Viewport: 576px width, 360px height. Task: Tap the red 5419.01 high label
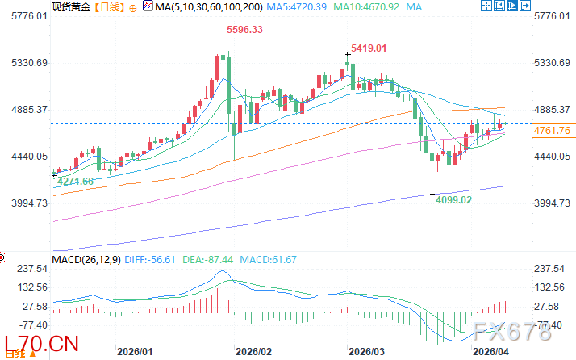[x=369, y=48]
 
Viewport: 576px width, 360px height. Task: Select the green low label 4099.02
[x=453, y=199]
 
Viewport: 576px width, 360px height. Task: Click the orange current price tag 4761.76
[x=553, y=131]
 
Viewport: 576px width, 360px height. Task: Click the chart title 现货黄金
[x=69, y=6]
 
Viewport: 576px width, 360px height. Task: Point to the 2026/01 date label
[x=135, y=353]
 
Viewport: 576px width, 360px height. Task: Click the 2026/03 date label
[x=366, y=353]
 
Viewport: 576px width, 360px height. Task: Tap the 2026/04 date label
[x=490, y=353]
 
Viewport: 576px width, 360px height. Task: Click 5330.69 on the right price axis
[x=553, y=62]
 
